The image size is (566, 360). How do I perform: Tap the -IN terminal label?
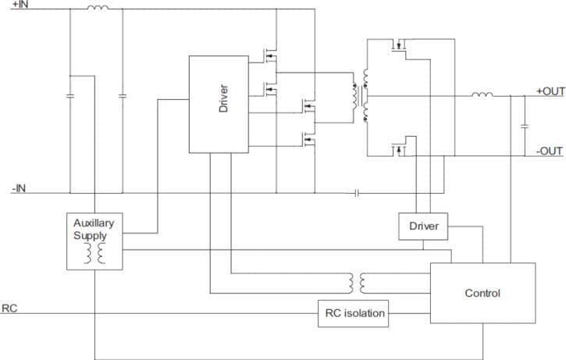19,187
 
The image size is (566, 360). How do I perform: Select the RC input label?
9,308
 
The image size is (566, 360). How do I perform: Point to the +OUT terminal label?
550,91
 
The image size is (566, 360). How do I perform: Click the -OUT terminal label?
550,151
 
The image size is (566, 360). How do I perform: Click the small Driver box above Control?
424,226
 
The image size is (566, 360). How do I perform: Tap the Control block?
482,293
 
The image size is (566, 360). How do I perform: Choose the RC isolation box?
354,313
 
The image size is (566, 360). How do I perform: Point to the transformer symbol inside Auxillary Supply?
94,253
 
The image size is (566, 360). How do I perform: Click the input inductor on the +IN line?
97,9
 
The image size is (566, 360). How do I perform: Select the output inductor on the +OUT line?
481,95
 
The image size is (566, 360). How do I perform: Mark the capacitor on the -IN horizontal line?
356,193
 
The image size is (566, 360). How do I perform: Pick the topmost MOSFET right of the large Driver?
270,54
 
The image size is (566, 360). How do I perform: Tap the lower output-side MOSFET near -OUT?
400,148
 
